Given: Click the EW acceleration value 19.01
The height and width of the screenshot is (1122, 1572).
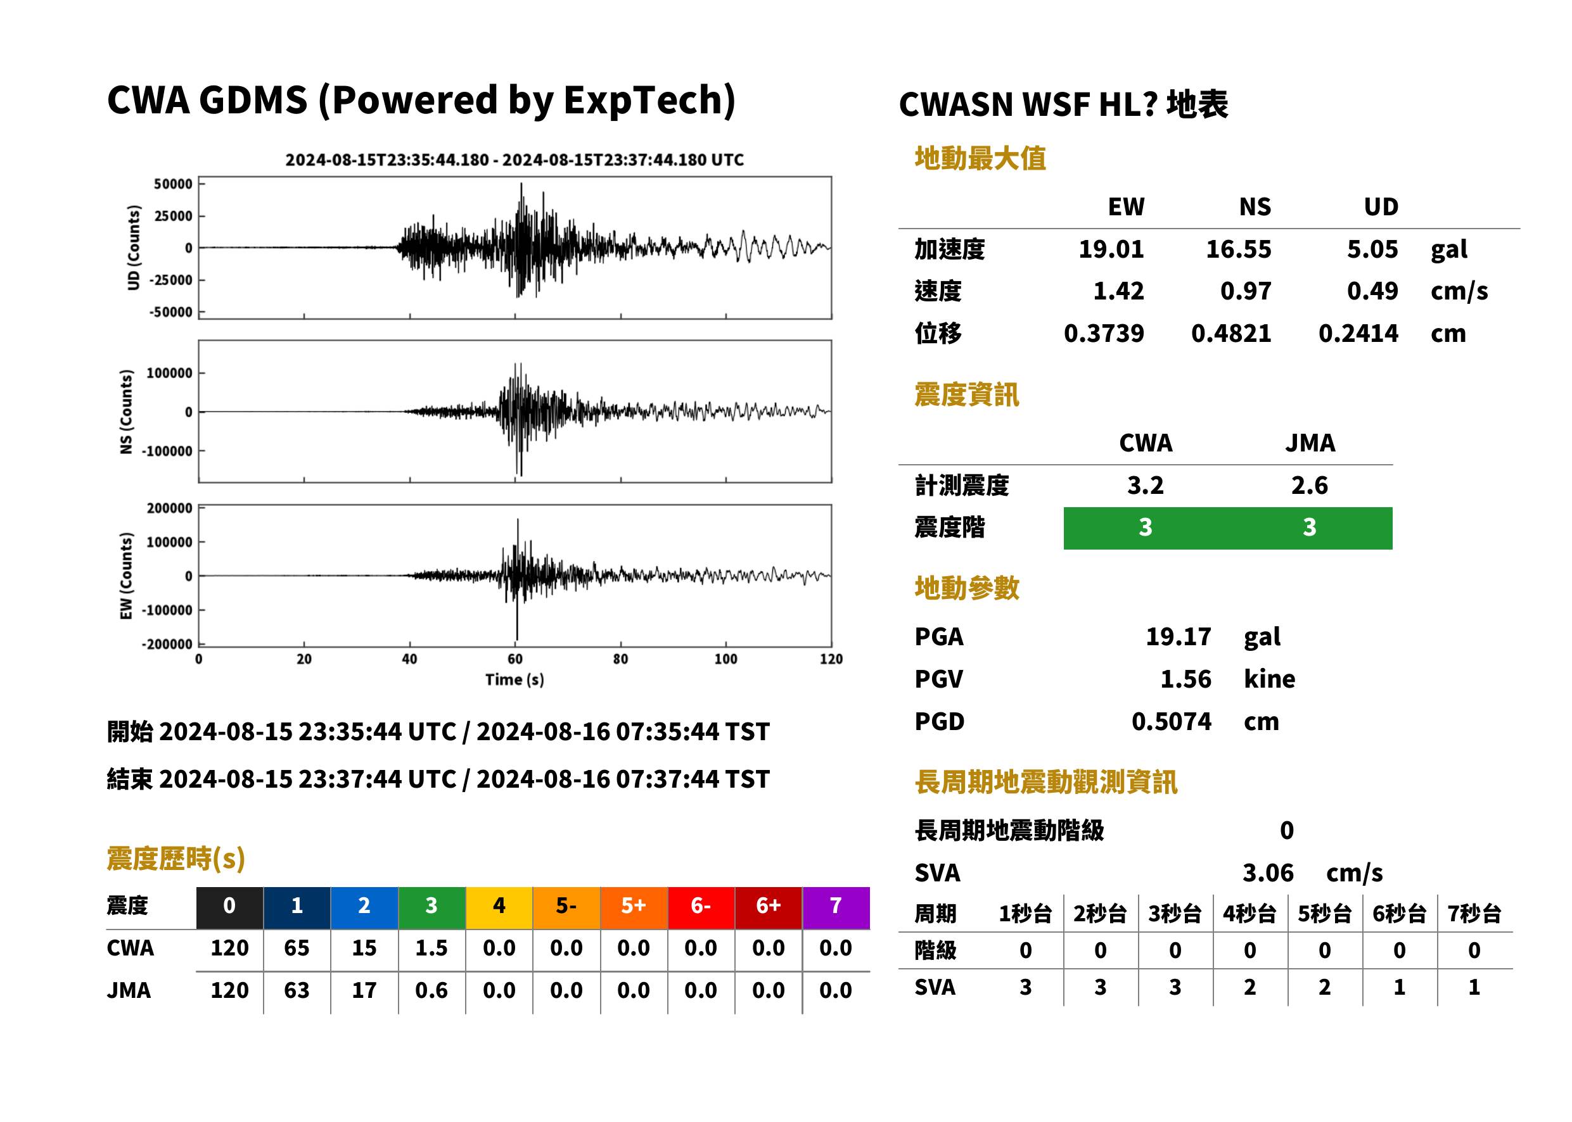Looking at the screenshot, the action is (x=1111, y=249).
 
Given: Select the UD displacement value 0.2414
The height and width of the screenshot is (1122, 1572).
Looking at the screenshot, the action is (x=1358, y=333).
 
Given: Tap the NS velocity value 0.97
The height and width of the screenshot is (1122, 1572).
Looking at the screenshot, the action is (x=1245, y=291).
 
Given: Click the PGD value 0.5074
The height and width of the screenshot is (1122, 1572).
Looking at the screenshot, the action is (x=1171, y=721).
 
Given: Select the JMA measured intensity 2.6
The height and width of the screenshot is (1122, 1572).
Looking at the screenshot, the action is (x=1309, y=485).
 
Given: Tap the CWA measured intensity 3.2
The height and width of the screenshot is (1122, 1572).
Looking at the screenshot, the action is (x=1146, y=485).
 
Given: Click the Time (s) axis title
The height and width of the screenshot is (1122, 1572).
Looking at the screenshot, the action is (x=514, y=680).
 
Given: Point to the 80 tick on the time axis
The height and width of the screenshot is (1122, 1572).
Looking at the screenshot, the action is (x=620, y=659).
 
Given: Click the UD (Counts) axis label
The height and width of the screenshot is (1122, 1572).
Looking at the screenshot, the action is (x=134, y=248).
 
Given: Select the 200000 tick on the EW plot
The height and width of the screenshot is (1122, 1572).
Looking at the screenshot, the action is (x=169, y=508).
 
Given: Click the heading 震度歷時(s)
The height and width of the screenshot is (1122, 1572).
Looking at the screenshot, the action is (x=176, y=858).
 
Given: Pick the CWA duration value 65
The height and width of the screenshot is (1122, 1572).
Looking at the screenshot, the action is (x=297, y=948).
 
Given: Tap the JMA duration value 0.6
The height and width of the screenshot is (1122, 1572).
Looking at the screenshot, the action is (x=431, y=990).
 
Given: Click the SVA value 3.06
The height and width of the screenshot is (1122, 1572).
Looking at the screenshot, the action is (x=1268, y=873).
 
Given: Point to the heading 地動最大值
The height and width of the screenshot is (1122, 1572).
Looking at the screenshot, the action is (x=980, y=158).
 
